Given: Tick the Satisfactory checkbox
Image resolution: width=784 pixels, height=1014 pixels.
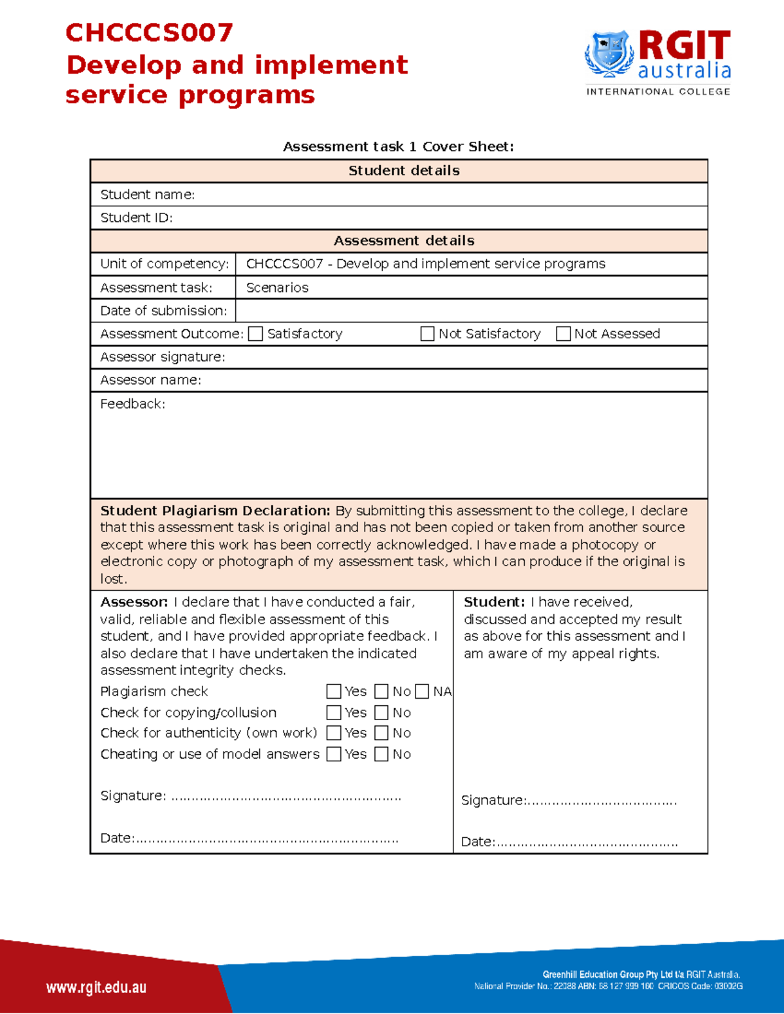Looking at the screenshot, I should pos(256,334).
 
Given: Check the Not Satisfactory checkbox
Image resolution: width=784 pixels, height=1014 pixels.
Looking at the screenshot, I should pos(427,334).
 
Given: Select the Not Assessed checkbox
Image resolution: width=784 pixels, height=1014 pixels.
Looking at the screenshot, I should pos(563,334).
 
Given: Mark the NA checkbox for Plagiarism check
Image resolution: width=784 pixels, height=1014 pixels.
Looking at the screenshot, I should pos(422,691).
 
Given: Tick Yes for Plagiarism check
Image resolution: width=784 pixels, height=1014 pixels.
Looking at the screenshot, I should pos(334,691).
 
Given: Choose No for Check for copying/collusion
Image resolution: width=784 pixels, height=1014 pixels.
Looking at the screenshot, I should pos(382,712).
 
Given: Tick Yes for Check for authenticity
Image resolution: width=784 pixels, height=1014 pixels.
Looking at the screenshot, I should pos(334,733).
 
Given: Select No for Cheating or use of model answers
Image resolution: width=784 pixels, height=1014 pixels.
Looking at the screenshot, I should pos(382,754).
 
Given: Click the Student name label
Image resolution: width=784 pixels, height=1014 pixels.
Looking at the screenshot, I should pos(147,195).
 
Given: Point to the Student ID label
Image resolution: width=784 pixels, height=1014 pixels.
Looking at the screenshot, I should pos(136,218).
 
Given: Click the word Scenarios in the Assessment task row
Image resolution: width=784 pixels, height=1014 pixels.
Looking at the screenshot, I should pos(277,288).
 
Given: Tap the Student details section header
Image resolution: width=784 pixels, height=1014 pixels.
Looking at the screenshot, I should pos(404,170).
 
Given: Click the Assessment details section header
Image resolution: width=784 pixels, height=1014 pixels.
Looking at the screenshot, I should pos(404,241).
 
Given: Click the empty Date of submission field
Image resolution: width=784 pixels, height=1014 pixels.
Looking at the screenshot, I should pos(470,311).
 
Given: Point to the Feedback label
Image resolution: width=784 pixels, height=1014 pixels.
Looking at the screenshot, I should pos(133,404).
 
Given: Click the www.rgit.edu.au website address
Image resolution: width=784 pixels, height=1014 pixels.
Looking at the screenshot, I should pos(96,987).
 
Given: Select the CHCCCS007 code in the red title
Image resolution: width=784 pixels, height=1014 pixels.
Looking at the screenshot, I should pos(149,33).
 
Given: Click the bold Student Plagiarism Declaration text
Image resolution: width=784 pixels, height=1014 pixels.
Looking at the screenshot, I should pos(215,511).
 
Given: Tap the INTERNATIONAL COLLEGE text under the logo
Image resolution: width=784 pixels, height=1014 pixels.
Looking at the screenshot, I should pos(658,91).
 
